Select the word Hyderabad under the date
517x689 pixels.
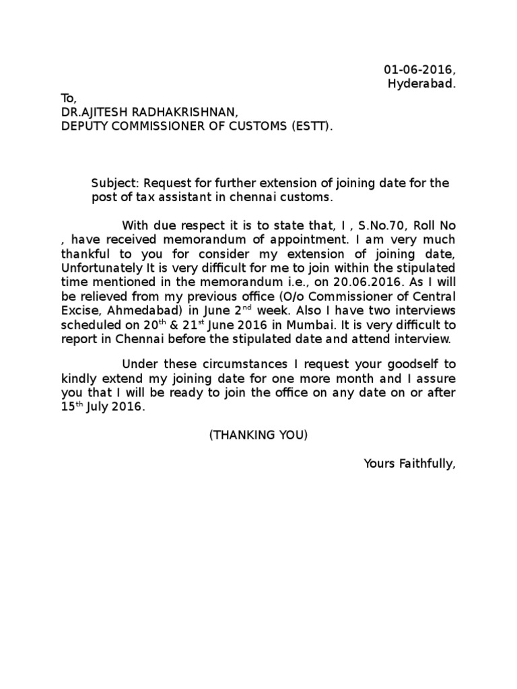click(422, 83)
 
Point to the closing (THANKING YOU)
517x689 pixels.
click(258, 435)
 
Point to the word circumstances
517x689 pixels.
click(221, 364)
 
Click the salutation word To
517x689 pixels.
click(69, 98)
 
